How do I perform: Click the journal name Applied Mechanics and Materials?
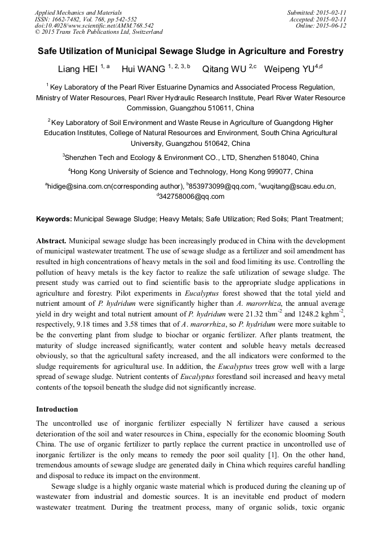point(78,12)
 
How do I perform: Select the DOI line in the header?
point(94,25)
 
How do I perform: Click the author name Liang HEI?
point(78,69)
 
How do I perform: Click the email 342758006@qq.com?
point(192,197)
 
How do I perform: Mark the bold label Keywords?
point(54,218)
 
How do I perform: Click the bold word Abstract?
point(52,240)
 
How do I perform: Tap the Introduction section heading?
point(57,409)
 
